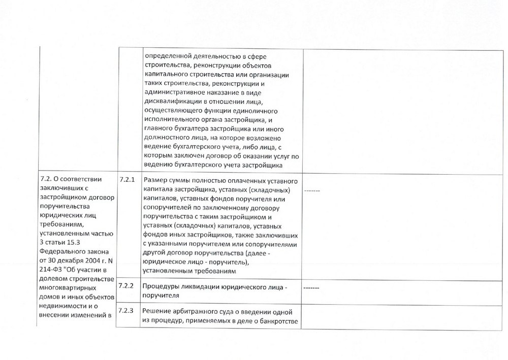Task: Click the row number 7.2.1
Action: [126, 180]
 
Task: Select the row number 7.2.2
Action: [126, 286]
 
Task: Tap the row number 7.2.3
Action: [126, 311]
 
